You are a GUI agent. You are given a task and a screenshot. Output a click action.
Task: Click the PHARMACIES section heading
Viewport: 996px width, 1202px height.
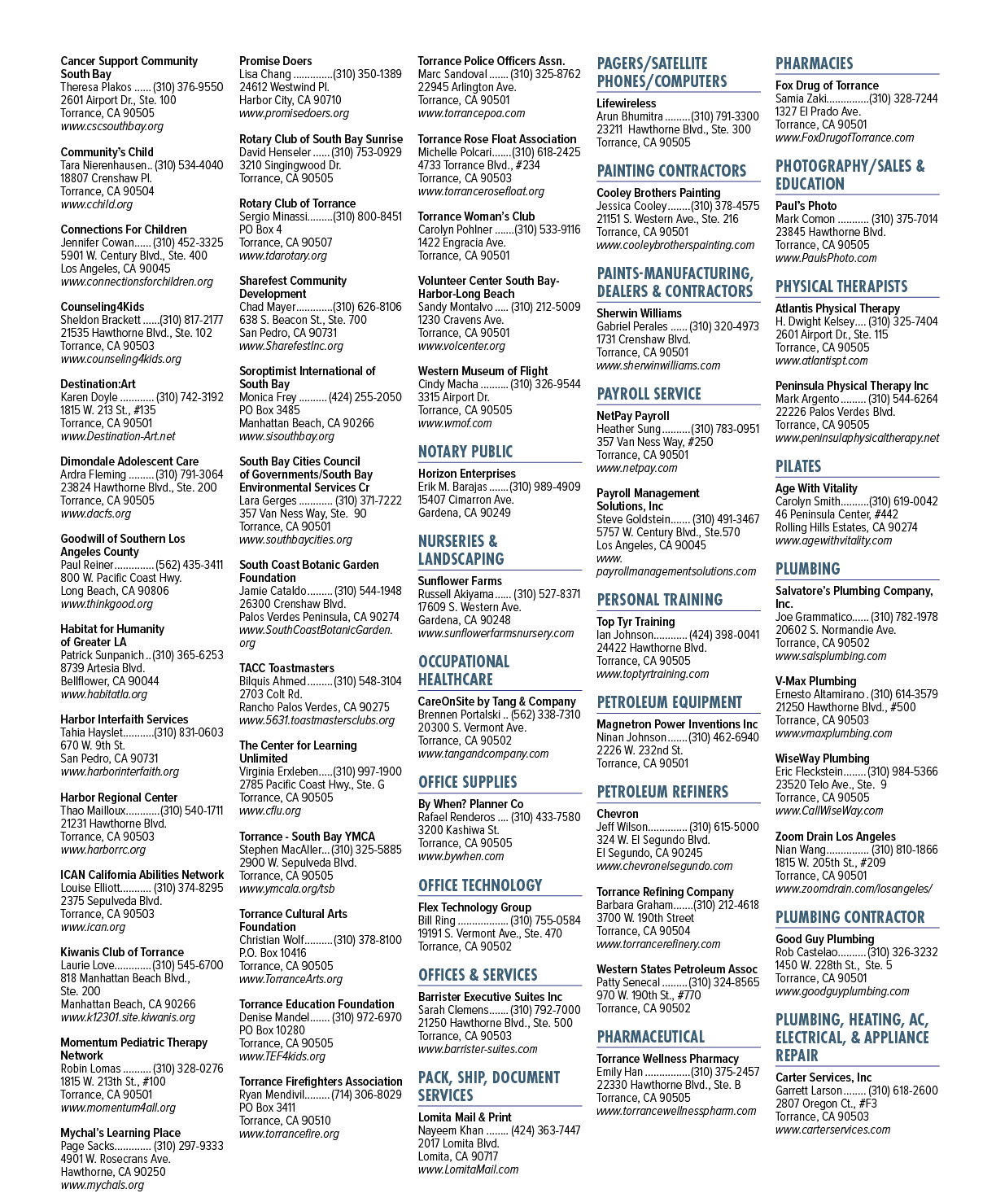(x=814, y=63)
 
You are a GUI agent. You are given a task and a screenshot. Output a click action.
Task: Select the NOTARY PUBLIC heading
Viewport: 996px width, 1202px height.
(x=465, y=452)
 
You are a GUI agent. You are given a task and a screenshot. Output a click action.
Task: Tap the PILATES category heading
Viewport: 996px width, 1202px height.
(x=798, y=466)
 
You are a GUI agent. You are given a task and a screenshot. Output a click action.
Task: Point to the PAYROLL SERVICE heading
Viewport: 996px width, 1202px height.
(x=649, y=394)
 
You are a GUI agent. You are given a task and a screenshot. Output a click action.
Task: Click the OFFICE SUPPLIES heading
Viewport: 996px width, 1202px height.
(x=468, y=782)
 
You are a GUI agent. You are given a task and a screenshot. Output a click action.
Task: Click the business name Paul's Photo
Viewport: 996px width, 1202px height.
(x=806, y=206)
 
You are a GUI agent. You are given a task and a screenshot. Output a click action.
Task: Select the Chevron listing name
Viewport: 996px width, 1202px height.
(x=617, y=814)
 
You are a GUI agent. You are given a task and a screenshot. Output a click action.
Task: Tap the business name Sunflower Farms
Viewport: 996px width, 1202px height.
(x=460, y=581)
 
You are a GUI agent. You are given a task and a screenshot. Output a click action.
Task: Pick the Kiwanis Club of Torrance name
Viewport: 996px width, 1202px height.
(x=122, y=952)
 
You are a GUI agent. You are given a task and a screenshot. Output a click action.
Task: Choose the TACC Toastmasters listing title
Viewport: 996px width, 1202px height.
(x=286, y=668)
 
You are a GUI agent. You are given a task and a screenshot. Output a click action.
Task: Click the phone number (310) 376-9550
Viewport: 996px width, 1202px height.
(x=188, y=87)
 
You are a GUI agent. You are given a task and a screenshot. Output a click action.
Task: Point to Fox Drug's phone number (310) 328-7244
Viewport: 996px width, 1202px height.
(x=903, y=98)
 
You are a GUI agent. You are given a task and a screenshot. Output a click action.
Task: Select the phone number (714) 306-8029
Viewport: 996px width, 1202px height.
(x=367, y=1095)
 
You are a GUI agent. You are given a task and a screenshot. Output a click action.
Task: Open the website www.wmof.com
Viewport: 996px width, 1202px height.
(x=455, y=423)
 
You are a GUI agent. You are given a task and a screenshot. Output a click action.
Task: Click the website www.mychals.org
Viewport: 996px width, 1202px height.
(x=102, y=1185)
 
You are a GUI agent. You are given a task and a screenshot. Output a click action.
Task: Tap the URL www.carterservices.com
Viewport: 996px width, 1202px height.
(x=832, y=1130)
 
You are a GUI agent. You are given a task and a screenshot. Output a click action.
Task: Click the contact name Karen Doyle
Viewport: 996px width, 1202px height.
(x=89, y=397)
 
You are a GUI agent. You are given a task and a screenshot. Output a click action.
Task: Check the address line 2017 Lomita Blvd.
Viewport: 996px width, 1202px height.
(x=458, y=1143)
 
